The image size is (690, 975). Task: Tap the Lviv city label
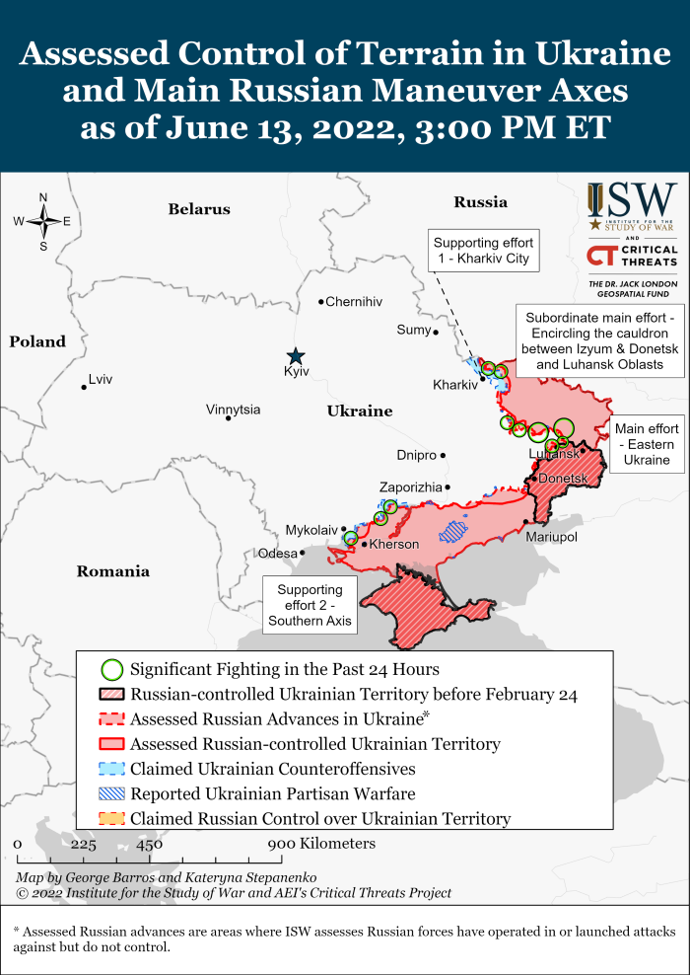coord(101,379)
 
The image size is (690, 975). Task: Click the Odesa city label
coord(277,554)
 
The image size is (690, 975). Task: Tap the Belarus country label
coord(199,209)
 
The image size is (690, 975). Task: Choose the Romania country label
coord(113,571)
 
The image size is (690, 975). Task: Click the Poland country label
coord(37,342)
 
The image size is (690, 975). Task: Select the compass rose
coord(42,222)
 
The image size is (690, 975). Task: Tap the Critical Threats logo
coord(632,256)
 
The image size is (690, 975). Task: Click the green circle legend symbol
coord(112,669)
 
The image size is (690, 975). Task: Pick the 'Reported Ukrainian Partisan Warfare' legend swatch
coord(112,793)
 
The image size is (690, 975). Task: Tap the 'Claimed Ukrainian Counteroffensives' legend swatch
coord(112,769)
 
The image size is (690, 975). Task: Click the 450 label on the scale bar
coord(149,845)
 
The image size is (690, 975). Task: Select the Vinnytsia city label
coord(234,410)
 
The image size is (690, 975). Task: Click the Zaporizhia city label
coord(411,487)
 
